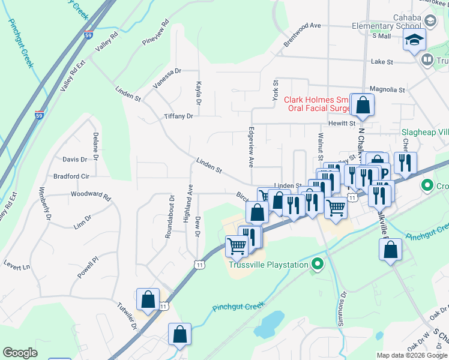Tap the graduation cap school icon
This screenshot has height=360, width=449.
(414, 41)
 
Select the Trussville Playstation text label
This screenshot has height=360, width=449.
(268, 264)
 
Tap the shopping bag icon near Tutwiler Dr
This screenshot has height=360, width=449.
(148, 299)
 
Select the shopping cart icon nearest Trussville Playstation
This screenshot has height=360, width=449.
(237, 245)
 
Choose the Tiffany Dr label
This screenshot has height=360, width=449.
(179, 116)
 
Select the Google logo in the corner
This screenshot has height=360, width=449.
(20, 353)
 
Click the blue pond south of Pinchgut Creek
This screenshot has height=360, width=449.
(270, 325)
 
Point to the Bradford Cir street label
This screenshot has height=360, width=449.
(71, 176)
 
